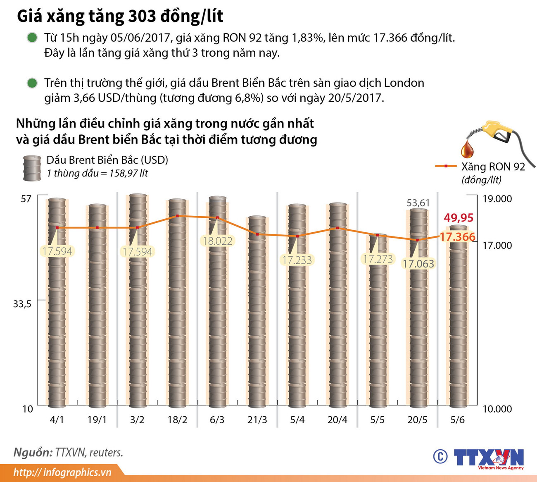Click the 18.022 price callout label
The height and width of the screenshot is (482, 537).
(x=218, y=241)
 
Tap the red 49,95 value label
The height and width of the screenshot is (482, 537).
(x=459, y=218)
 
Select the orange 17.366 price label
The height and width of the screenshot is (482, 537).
(x=457, y=237)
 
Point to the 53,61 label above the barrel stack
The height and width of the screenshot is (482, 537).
(x=418, y=203)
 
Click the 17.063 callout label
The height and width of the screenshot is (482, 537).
(x=418, y=264)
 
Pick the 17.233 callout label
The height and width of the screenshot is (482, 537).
(x=297, y=260)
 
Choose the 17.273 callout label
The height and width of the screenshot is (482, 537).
(x=378, y=259)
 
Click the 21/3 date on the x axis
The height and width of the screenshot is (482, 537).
(x=257, y=420)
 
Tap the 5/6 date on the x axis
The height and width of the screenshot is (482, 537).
(x=457, y=420)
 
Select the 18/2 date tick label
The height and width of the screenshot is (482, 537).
(x=177, y=420)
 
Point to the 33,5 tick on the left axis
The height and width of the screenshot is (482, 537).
(x=22, y=304)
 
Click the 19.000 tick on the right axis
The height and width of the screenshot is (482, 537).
(x=497, y=199)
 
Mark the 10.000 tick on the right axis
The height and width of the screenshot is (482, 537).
(x=497, y=409)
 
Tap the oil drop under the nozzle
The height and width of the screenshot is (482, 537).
(x=468, y=149)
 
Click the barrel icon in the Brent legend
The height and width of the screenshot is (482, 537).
(x=32, y=168)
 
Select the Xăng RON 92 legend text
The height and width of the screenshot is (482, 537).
(x=493, y=167)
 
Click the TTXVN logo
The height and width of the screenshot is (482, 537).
(x=488, y=458)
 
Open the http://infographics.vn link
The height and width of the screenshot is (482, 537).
(x=62, y=472)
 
